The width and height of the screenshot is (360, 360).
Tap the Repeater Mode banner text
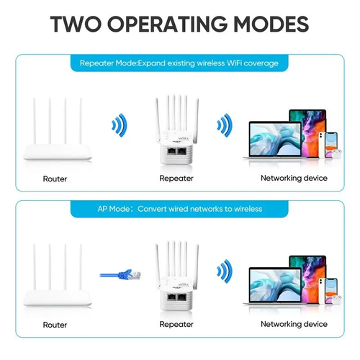pos(179,63)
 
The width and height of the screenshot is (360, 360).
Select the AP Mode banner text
pos(180,209)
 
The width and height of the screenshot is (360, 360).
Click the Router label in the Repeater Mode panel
pos(55,179)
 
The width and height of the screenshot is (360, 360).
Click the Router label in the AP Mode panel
pos(55,324)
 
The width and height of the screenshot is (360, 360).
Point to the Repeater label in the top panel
pos(176,179)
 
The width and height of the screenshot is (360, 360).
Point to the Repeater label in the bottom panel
pos(176,324)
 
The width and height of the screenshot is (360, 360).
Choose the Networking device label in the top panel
pos(294,178)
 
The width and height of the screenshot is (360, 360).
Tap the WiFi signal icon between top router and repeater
pos(119,127)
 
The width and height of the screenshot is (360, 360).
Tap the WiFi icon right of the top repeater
pos(225,127)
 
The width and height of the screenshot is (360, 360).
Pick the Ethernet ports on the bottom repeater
pos(177,297)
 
